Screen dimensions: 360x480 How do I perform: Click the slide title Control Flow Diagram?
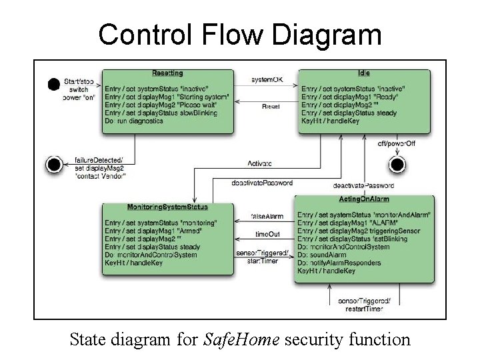pyautogui.click(x=240, y=35)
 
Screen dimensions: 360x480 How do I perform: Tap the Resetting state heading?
pyautogui.click(x=167, y=73)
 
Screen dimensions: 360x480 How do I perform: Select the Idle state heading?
pyautogui.click(x=363, y=73)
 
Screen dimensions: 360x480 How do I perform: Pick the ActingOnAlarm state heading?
pyautogui.click(x=364, y=199)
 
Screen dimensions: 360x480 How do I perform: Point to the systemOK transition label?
pyautogui.click(x=267, y=80)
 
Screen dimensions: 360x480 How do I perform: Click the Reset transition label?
pyautogui.click(x=271, y=107)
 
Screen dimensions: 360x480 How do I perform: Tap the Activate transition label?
pyautogui.click(x=260, y=163)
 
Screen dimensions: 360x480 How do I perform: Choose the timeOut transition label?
pyautogui.click(x=268, y=234)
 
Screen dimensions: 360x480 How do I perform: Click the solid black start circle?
pyautogui.click(x=53, y=84)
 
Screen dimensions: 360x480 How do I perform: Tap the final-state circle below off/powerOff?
pyautogui.click(x=397, y=163)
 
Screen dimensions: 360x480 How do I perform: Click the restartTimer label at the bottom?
pyautogui.click(x=363, y=309)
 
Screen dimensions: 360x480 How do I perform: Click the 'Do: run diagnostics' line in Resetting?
pyautogui.click(x=134, y=121)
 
